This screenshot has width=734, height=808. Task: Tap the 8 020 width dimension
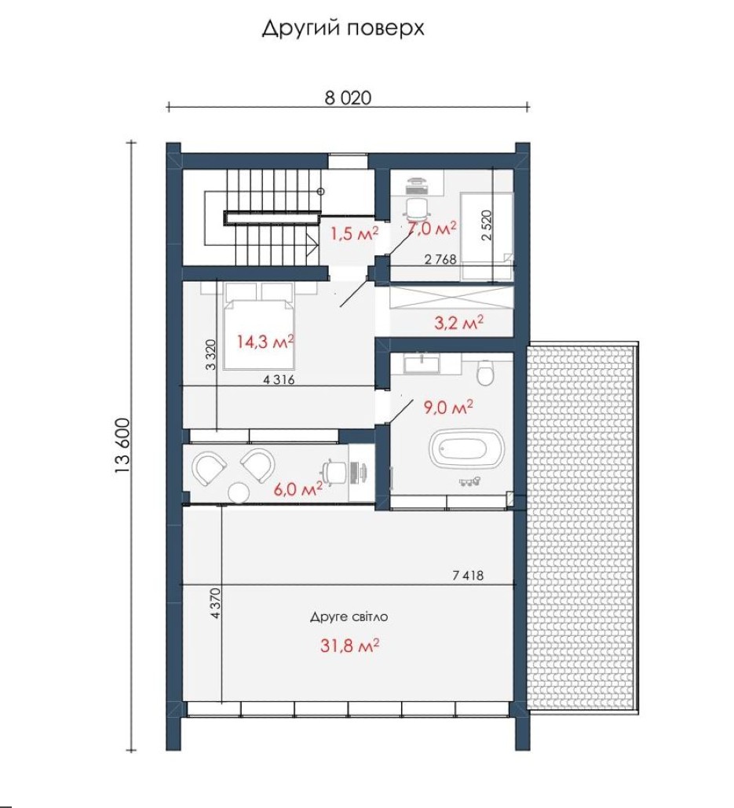[x=348, y=98]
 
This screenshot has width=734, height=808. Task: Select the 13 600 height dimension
[x=123, y=446]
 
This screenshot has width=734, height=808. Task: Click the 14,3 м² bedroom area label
[x=265, y=341]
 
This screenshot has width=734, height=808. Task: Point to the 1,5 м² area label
[x=354, y=233]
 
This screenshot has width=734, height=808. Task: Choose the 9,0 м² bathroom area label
[x=448, y=408]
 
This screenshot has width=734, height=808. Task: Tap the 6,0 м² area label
[x=298, y=489]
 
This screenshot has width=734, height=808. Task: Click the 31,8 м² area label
[x=350, y=645]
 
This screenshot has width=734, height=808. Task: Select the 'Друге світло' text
[x=349, y=617]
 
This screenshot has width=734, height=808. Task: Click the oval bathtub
[x=466, y=448]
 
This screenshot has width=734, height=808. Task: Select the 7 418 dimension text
[x=468, y=575]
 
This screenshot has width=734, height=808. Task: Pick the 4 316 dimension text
[x=279, y=380]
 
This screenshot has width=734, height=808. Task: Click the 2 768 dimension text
[x=440, y=259]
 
